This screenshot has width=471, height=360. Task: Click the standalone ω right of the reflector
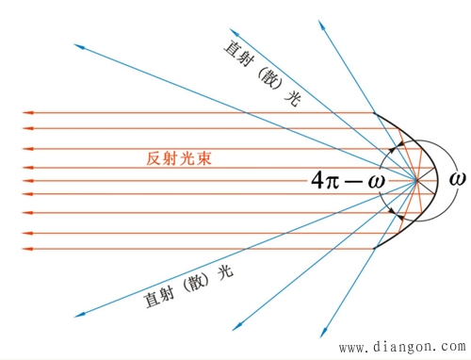[457, 178]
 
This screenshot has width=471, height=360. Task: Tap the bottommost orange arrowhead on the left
[29, 248]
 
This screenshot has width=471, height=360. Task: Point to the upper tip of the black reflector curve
[373, 113]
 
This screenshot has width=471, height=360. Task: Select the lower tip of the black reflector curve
[373, 248]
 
